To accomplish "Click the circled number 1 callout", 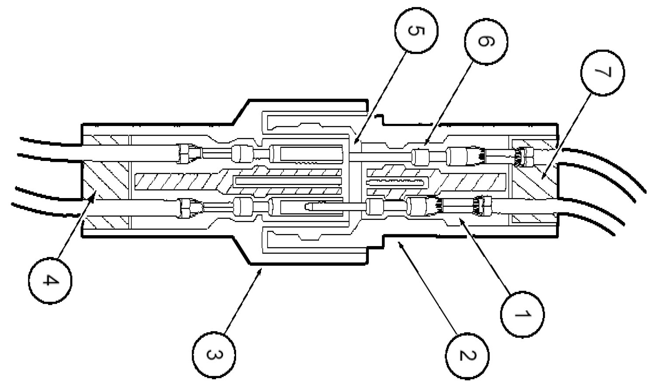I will pos(522,315).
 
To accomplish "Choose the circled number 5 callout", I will pos(416,31).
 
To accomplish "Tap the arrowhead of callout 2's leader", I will pos(399,245).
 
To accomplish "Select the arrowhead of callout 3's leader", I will pos(263,269).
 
